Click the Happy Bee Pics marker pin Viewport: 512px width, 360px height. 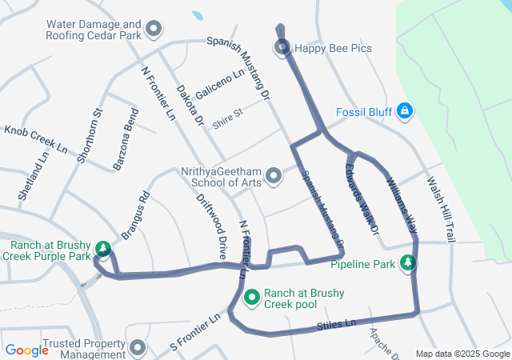click(x=282, y=48)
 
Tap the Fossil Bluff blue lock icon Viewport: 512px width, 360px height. click(x=405, y=110)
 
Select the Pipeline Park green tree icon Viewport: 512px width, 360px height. click(x=408, y=262)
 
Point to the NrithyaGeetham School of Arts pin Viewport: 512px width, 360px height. click(x=274, y=175)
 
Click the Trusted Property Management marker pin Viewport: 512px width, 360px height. click(x=137, y=348)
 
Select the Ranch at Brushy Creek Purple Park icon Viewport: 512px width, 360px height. click(x=102, y=248)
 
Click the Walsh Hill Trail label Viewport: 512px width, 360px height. click(x=441, y=210)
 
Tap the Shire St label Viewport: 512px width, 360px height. click(x=227, y=113)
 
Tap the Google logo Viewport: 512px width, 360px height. click(x=26, y=350)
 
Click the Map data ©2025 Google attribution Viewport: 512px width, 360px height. click(x=462, y=354)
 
